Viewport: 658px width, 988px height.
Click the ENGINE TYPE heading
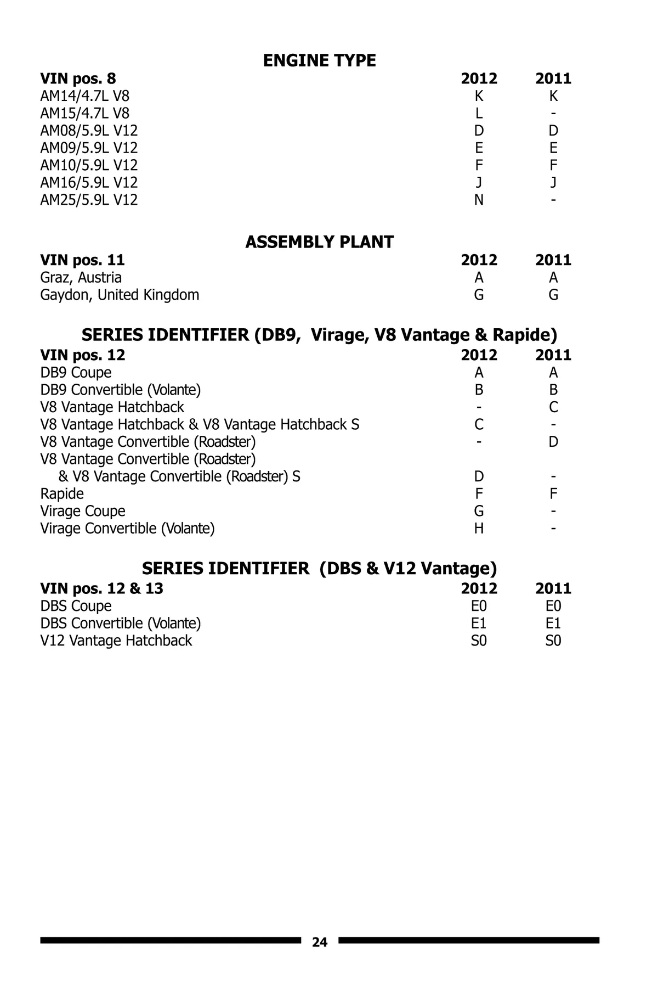click(x=319, y=60)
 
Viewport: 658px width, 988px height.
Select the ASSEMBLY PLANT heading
click(x=319, y=242)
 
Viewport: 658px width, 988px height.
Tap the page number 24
click(x=319, y=942)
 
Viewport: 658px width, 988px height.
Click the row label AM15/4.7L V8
click(x=84, y=113)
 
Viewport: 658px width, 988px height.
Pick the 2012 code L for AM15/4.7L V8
click(x=479, y=113)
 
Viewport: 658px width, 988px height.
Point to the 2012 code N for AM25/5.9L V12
click(x=479, y=200)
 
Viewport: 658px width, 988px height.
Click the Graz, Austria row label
click(x=81, y=278)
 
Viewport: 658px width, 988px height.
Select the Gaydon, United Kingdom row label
click(x=120, y=295)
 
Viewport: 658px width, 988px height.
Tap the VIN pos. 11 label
click(x=82, y=260)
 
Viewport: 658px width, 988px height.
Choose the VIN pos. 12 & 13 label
click(x=101, y=588)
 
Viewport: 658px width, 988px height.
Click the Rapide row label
click(x=62, y=493)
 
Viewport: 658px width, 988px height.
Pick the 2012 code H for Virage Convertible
click(x=479, y=529)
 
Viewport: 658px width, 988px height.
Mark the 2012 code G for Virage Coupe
click(x=479, y=511)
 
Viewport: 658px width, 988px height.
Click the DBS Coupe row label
click(x=76, y=606)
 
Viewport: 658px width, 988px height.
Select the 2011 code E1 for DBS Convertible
click(x=553, y=624)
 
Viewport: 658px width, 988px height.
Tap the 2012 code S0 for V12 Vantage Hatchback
click(x=479, y=641)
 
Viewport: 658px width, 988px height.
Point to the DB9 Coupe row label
click(x=76, y=373)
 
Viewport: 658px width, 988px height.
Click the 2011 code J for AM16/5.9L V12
click(x=553, y=182)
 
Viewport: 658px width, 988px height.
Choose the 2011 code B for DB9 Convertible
click(x=553, y=390)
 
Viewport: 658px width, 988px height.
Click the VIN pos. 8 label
click(x=78, y=78)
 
